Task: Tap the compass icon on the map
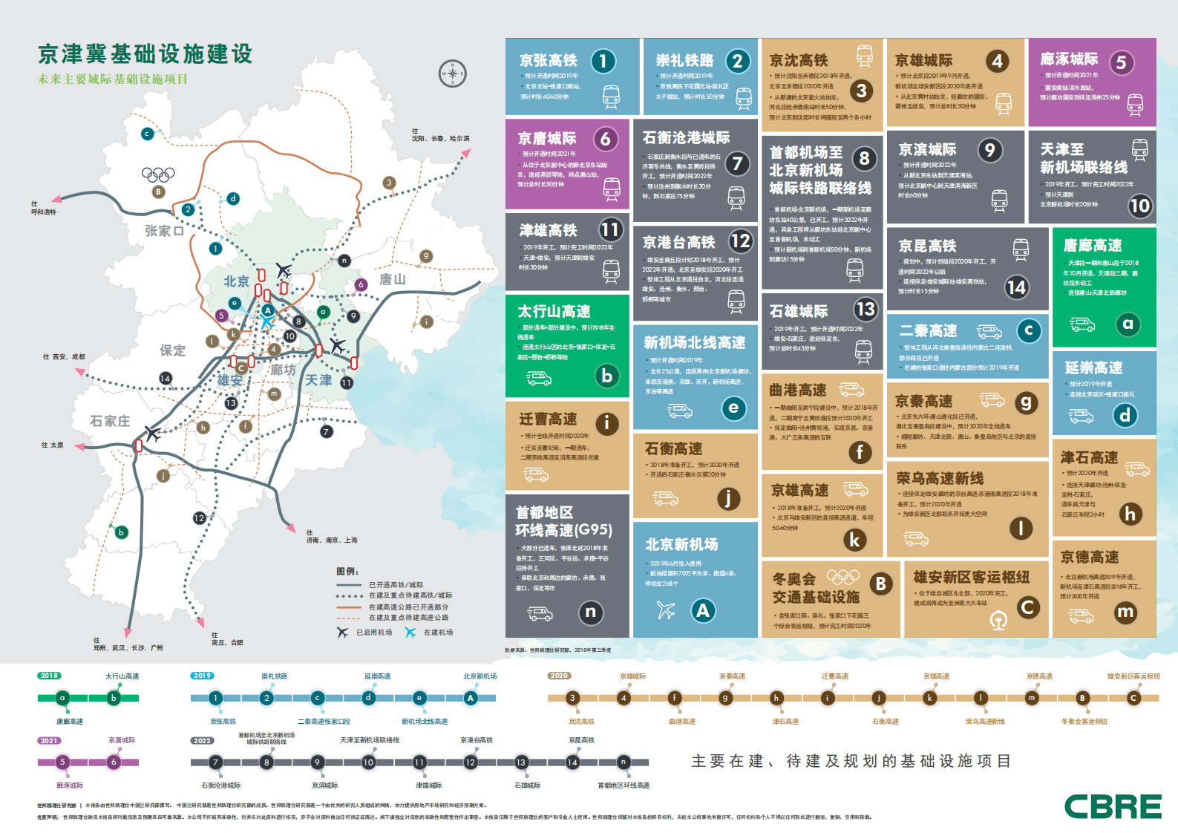[x=453, y=73]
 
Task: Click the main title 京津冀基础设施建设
[x=145, y=54]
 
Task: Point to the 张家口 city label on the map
[x=164, y=231]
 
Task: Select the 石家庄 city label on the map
[x=110, y=421]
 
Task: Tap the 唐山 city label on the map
[x=393, y=279]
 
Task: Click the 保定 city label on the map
[x=172, y=350]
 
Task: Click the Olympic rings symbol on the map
[x=158, y=174]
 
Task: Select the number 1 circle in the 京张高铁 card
[x=603, y=61]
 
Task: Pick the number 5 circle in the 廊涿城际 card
[x=1121, y=63]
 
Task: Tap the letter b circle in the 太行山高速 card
[x=606, y=376]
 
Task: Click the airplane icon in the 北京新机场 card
[x=666, y=610]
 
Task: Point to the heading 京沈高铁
[x=798, y=60]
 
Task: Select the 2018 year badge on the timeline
[x=50, y=676]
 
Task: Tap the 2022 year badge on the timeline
[x=202, y=740]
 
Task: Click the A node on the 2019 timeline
[x=470, y=698]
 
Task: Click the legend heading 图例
[x=347, y=572]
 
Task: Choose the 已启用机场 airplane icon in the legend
[x=342, y=633]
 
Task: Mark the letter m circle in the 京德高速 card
[x=1125, y=612]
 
